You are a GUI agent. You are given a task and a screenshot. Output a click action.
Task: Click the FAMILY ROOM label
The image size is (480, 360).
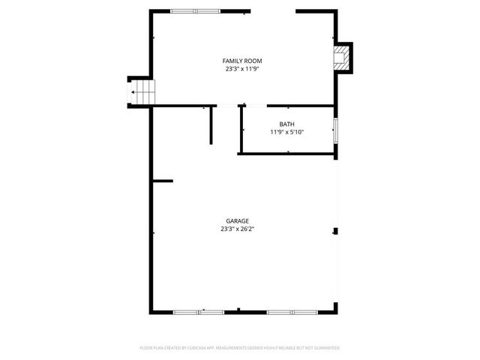pyautogui.click(x=241, y=61)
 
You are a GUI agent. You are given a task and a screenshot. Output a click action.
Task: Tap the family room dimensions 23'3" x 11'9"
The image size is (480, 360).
pyautogui.click(x=241, y=69)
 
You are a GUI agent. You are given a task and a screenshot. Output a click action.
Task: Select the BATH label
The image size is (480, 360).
pyautogui.click(x=286, y=124)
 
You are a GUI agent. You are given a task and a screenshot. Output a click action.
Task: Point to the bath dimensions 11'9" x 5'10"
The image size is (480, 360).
pyautogui.click(x=286, y=132)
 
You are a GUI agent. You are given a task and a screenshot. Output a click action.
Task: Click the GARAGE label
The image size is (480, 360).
pyautogui.click(x=237, y=221)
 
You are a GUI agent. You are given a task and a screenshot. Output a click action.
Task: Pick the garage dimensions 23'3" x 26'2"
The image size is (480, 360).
pyautogui.click(x=237, y=229)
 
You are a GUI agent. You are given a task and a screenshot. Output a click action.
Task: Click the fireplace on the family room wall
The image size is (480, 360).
pyautogui.click(x=342, y=57)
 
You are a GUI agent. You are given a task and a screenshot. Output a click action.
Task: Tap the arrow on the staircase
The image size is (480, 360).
pyautogui.click(x=134, y=93)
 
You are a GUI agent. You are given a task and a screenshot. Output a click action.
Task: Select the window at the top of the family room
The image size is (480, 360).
pyautogui.click(x=196, y=10)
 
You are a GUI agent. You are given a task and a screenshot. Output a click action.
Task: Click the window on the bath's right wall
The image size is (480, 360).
pyautogui.click(x=335, y=129)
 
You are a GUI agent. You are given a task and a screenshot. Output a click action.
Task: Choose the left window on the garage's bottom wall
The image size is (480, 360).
pyautogui.click(x=198, y=311)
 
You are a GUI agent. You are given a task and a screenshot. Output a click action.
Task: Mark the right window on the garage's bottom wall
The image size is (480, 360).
pyautogui.click(x=292, y=311)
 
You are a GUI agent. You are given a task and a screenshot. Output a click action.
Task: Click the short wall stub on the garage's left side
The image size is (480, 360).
pyautogui.click(x=163, y=181)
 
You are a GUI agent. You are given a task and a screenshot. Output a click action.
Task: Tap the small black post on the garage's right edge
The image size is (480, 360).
pyautogui.click(x=336, y=232)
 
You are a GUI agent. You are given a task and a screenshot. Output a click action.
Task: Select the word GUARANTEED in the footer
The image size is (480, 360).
pyautogui.click(x=326, y=348)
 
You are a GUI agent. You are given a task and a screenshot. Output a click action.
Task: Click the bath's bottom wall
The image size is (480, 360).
pyautogui.click(x=286, y=154)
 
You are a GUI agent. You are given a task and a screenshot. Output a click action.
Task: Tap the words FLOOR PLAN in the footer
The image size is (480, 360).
pyautogui.click(x=153, y=348)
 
